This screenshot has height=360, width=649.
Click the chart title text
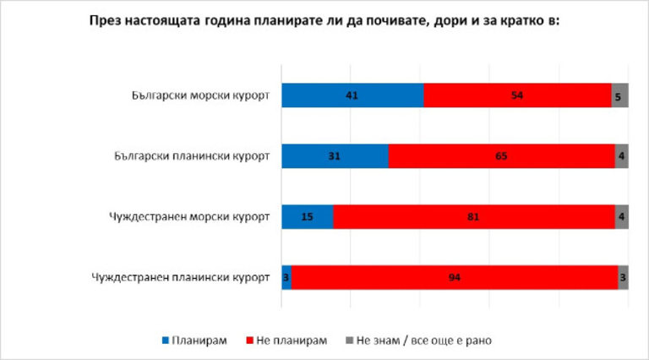(x=325, y=22)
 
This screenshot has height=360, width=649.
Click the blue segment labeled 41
(x=352, y=95)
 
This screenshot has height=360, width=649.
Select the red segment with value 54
(x=517, y=95)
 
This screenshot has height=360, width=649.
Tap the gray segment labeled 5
(x=619, y=95)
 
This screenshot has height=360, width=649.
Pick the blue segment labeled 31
(x=335, y=156)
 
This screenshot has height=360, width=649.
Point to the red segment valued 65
(x=501, y=156)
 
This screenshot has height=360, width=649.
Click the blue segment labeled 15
(x=308, y=216)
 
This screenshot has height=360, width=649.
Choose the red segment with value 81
(x=474, y=216)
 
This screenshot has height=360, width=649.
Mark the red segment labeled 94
(x=455, y=276)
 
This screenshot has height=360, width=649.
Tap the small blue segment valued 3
(x=286, y=276)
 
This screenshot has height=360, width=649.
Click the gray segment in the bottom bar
(x=623, y=276)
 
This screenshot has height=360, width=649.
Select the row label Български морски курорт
(x=194, y=95)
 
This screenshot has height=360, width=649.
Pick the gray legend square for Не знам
(x=349, y=341)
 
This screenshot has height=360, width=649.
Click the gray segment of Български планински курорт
(x=621, y=156)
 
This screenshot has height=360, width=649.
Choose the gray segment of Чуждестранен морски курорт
(x=621, y=216)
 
